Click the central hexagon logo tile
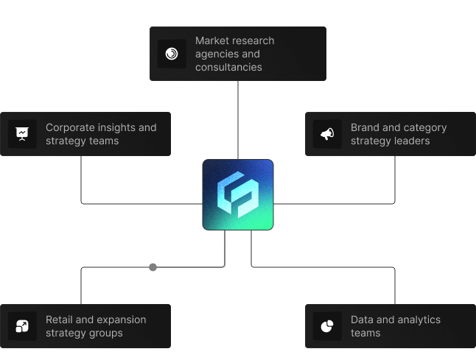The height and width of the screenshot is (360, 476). tap(238, 194)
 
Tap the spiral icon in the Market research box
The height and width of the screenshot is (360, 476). tap(172, 54)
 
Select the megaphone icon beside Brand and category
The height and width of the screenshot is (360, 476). tap(327, 134)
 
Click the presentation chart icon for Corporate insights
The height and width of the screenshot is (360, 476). tap(22, 134)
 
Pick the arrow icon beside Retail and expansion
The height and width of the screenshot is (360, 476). tap(22, 326)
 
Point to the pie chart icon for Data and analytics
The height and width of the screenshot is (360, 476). tap(327, 326)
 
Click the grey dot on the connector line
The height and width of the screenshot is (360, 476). tap(153, 267)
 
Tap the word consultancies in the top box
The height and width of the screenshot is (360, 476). tap(228, 67)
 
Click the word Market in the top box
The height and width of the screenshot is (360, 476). tap(211, 40)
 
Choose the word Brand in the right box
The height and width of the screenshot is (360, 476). tap(365, 127)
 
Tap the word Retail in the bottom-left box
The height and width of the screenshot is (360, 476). tap(60, 320)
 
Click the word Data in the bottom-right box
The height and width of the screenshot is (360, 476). tap(363, 320)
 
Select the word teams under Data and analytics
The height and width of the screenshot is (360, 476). tap(365, 333)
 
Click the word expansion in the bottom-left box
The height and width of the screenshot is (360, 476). tap(121, 320)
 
